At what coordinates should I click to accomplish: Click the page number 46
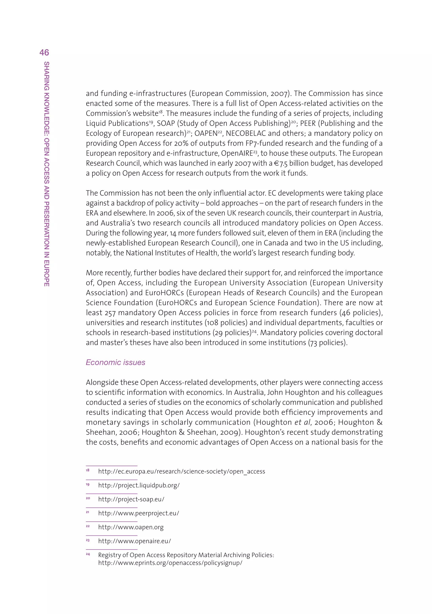(x=44, y=52)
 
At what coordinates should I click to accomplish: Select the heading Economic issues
(x=115, y=362)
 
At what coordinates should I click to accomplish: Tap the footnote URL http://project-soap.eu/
(x=131, y=499)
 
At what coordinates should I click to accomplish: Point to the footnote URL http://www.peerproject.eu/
(x=138, y=513)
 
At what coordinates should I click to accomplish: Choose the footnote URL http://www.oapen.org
(x=131, y=527)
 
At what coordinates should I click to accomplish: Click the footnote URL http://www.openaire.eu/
(x=134, y=541)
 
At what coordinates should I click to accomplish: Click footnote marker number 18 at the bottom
(x=88, y=470)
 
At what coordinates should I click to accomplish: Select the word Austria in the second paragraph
(x=370, y=213)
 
